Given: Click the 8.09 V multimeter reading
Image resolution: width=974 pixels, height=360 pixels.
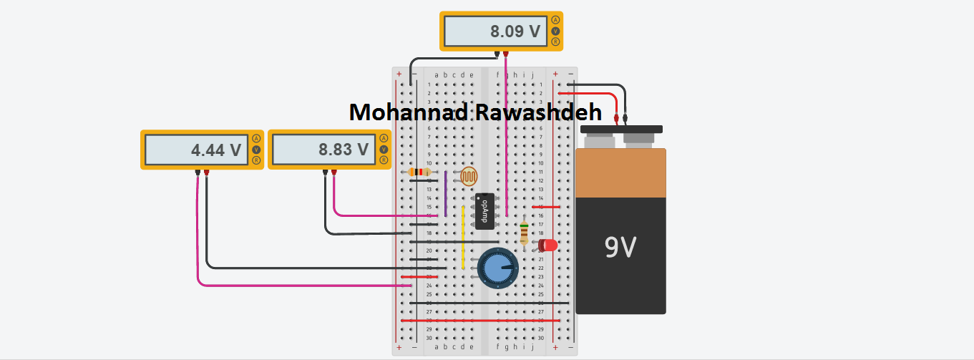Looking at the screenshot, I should pos(515,31).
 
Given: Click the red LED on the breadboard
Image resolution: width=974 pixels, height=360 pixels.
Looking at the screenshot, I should pos(547,245).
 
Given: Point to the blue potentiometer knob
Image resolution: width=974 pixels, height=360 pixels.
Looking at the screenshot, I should pos(498,268).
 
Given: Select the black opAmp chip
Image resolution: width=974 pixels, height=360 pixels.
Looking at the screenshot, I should pos(485,210).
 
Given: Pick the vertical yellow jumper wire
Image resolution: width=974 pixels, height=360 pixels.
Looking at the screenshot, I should pos(463,236).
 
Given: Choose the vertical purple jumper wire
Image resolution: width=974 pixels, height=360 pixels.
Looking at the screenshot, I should pos(445,193).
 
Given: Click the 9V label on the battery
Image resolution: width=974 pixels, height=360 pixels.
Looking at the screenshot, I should pos(620,248).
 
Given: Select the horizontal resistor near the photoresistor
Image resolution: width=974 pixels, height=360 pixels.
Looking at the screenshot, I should pos(419,172).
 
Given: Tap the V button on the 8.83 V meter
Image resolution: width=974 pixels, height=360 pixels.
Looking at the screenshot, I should pos(384,150).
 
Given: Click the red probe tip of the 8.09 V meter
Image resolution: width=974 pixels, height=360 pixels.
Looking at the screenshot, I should pos(506,54).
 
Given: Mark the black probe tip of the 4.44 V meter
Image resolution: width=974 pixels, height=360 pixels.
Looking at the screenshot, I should pos(197,172).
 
